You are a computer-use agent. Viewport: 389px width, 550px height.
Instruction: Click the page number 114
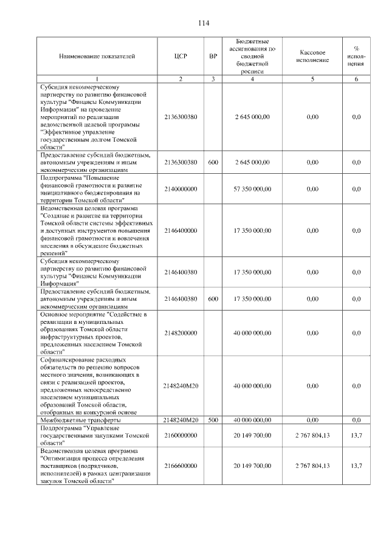coord(203,24)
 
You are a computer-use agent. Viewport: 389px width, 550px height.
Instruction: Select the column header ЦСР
coord(181,57)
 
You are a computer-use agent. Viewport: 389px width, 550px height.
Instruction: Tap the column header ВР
coord(213,57)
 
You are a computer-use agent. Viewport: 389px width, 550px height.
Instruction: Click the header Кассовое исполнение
coord(312,57)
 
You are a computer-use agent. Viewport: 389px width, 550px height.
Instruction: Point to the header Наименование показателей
coord(97,57)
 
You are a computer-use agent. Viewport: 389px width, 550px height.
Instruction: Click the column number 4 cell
coord(252,79)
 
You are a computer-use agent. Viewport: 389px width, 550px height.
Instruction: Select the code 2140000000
coord(181,189)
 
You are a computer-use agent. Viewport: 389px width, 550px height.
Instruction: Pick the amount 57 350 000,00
coord(252,189)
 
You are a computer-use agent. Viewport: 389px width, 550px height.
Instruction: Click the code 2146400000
coord(181,231)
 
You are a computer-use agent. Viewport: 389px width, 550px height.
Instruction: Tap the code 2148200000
coord(181,333)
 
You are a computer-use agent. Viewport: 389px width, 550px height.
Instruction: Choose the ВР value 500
coord(213,420)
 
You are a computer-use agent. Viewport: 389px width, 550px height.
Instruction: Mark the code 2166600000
coord(181,466)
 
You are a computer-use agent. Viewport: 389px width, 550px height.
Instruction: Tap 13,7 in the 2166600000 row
coord(356,466)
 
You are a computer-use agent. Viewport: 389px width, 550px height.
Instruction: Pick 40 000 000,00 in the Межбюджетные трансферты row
coord(252,420)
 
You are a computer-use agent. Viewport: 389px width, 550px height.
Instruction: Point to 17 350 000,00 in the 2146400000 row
coord(252,231)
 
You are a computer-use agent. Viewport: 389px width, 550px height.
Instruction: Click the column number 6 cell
coord(356,79)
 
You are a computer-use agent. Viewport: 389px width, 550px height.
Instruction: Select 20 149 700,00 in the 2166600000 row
coord(252,466)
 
